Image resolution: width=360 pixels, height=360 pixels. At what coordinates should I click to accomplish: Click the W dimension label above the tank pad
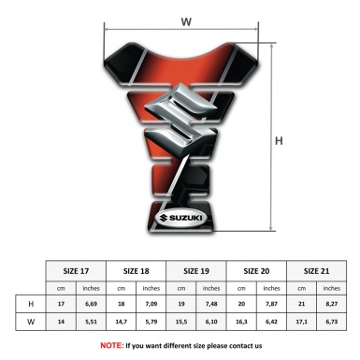point(186,22)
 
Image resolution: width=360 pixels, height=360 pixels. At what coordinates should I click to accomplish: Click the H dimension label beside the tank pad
point(279,141)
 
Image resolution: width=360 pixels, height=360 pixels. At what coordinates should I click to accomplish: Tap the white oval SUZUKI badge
point(180,218)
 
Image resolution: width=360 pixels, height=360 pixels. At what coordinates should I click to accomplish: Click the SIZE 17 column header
point(76,271)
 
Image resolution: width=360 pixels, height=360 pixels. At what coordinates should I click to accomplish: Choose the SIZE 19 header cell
point(196,271)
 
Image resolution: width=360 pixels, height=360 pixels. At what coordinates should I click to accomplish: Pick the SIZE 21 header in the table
point(316,271)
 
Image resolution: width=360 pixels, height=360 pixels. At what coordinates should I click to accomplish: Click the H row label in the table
point(31,304)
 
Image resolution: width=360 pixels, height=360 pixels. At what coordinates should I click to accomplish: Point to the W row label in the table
point(31,322)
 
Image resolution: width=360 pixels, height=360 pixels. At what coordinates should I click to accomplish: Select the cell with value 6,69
point(91,304)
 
